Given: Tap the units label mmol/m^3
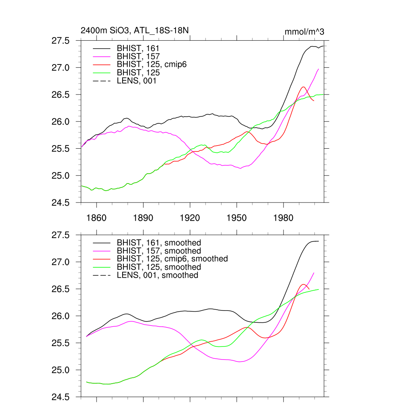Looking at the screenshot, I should (304, 32).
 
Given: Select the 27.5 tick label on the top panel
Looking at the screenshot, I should (61, 41).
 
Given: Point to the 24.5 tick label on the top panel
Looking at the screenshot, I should (61, 202).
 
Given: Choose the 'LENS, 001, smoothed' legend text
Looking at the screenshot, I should (157, 275).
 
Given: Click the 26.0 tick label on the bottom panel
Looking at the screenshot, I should (61, 316).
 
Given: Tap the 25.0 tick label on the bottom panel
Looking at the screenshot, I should (61, 370).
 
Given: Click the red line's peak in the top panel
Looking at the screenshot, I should (303, 87).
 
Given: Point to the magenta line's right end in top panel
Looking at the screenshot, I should (318, 69).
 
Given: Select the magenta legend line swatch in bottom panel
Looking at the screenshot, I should (102, 251).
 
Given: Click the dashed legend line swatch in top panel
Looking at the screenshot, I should (102, 81).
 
